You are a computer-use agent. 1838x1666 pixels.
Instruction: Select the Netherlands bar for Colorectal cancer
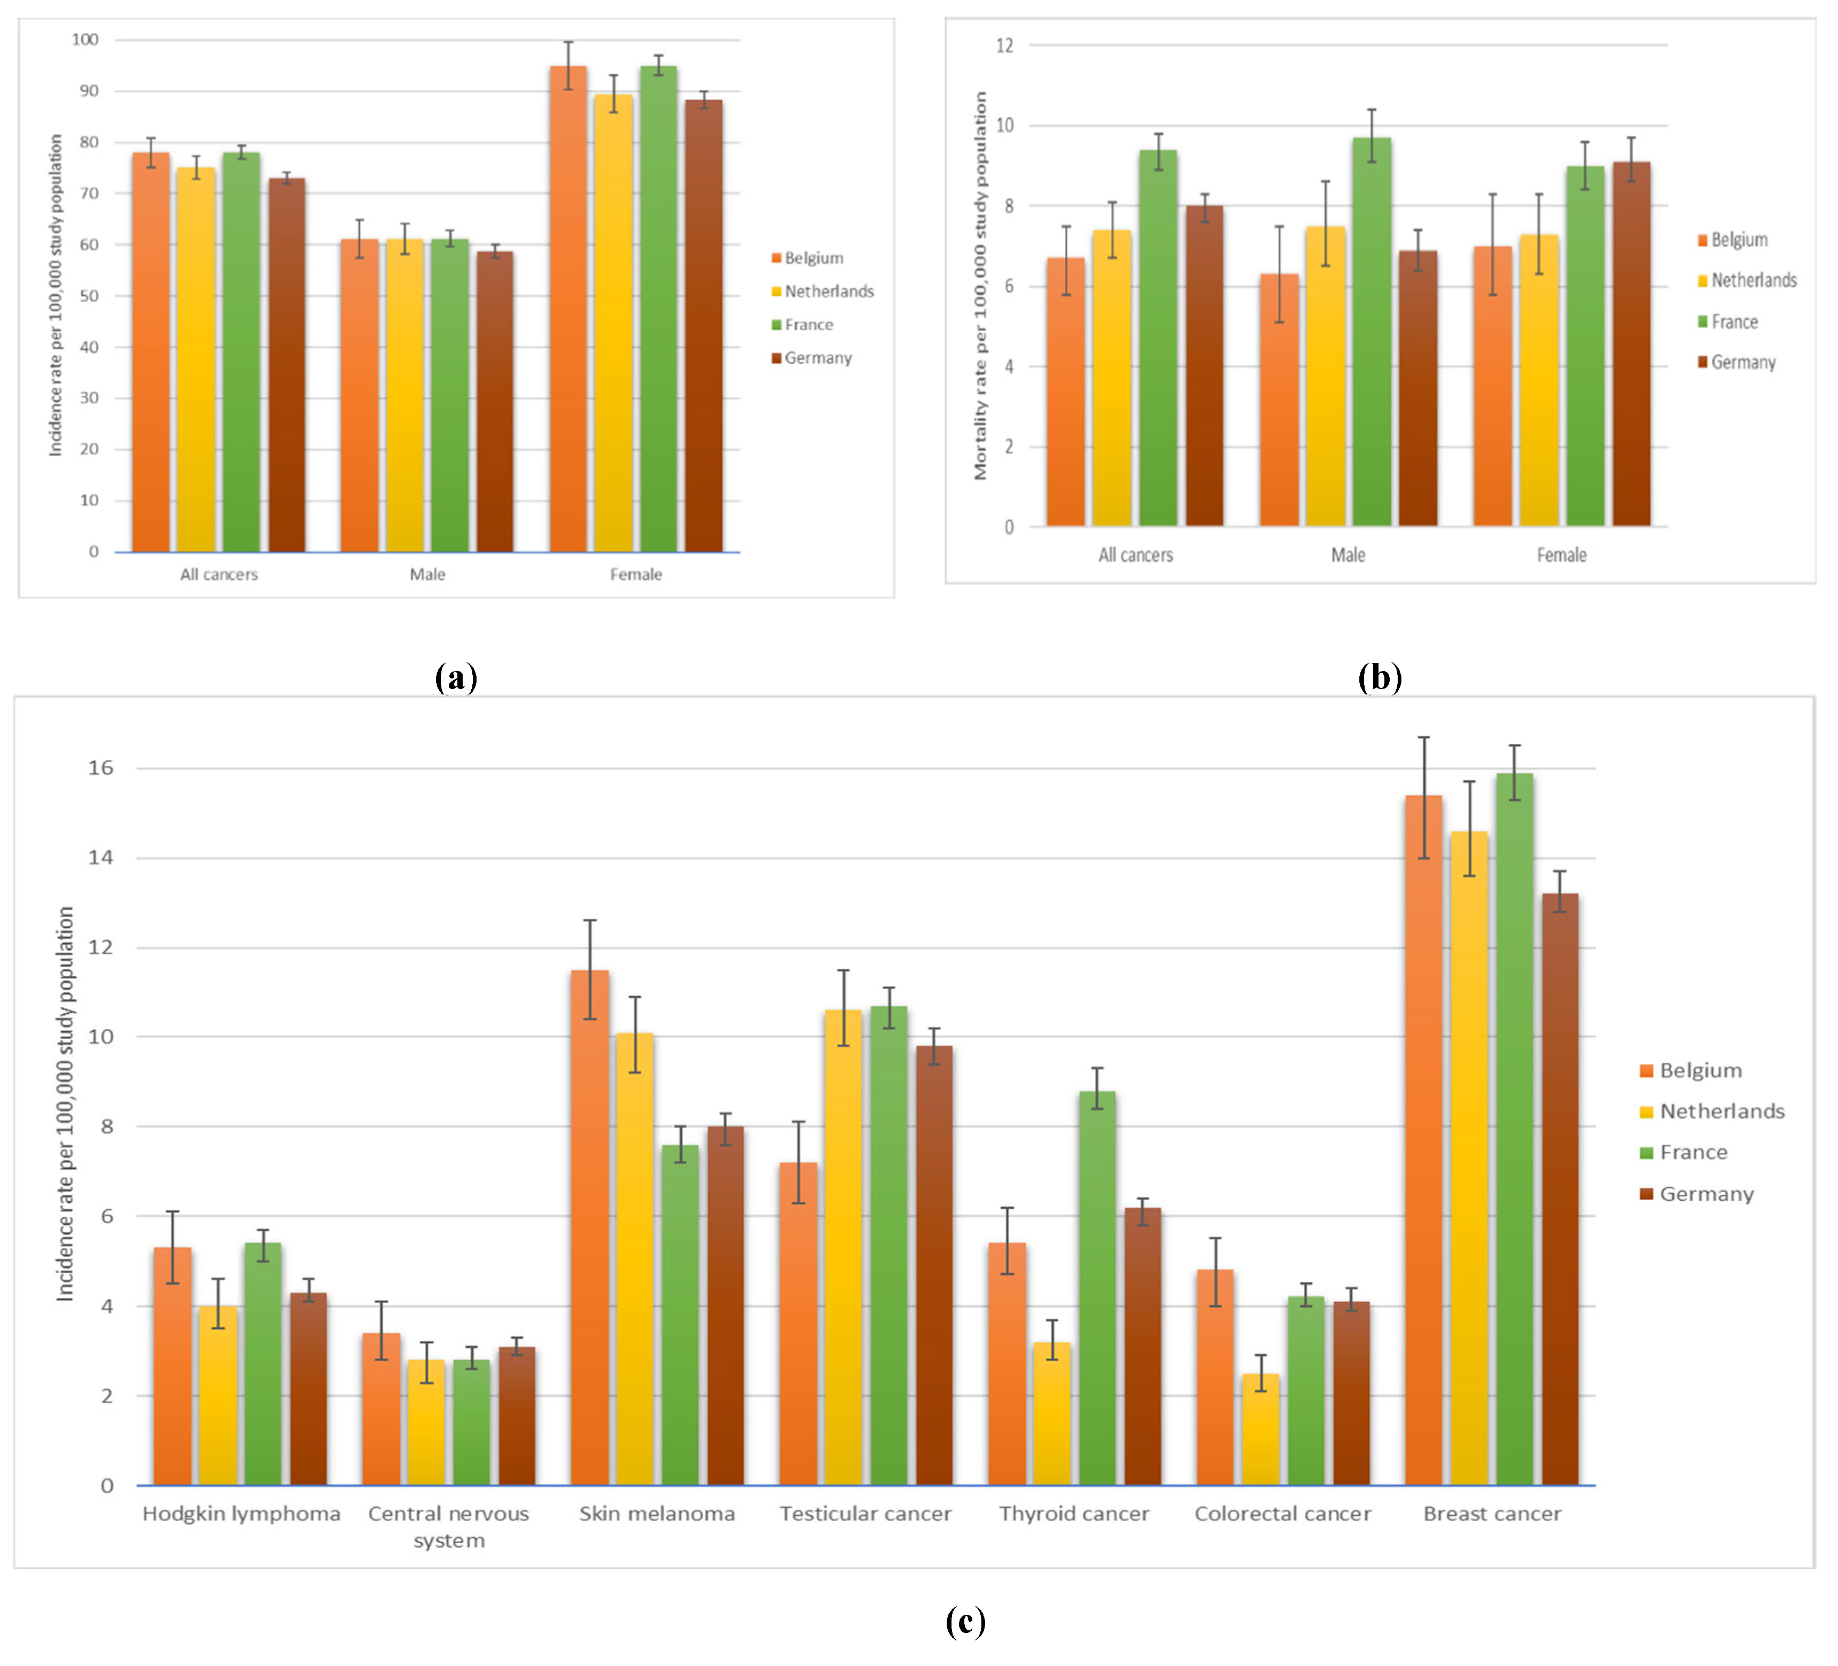1260,1432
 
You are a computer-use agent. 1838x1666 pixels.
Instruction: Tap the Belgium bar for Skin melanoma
590,1231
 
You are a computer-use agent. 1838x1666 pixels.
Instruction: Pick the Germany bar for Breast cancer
1560,1194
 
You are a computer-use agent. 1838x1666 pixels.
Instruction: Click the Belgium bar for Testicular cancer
798,1326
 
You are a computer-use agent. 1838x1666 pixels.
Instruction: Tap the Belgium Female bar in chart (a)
568,310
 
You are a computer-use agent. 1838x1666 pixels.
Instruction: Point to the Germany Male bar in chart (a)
495,401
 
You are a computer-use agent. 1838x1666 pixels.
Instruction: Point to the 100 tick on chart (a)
86,39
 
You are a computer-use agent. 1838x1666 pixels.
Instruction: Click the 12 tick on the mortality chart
1005,45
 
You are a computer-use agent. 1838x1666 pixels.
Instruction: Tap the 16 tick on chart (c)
100,769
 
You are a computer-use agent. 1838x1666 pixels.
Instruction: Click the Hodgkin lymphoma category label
241,1514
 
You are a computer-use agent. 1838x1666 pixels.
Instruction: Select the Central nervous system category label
448,1526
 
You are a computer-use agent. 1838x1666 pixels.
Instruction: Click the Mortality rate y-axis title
980,286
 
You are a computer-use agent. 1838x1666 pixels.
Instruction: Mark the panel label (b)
1380,677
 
